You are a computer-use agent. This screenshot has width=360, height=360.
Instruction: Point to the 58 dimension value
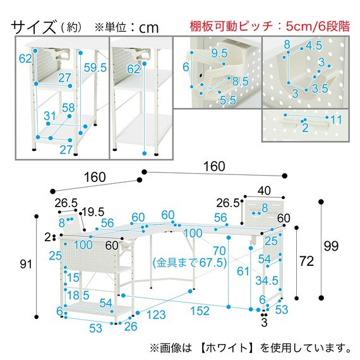tap(68, 108)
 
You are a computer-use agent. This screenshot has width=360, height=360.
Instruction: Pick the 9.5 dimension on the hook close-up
tap(220, 52)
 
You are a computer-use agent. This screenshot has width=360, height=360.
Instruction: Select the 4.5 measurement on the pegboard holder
tap(313, 45)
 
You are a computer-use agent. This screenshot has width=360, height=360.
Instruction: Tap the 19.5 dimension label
tap(93, 211)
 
